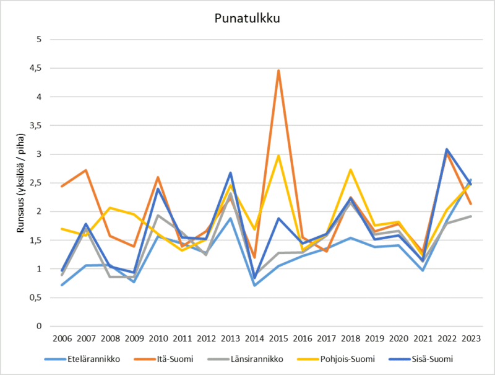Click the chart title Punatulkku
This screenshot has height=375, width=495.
(247, 18)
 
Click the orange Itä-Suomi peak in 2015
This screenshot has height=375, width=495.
(278, 71)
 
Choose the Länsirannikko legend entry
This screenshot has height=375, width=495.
(257, 358)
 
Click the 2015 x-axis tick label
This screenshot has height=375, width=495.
(278, 338)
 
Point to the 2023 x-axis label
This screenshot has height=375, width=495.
(471, 338)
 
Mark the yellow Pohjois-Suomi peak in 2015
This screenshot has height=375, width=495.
(278, 156)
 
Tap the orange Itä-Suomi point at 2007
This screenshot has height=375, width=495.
(85, 170)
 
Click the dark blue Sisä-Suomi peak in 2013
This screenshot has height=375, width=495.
(230, 173)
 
